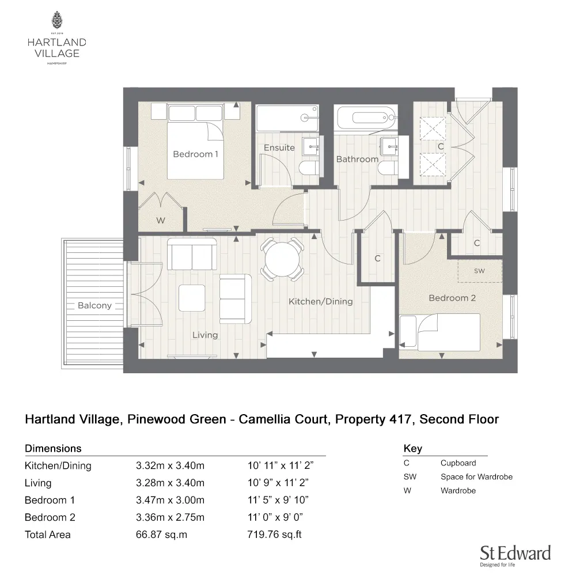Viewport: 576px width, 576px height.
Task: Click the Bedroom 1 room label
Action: coord(195,154)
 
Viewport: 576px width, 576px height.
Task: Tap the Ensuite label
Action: coord(279,147)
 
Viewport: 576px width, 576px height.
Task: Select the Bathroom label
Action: coord(357,159)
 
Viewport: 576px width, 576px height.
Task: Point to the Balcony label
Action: coord(94,305)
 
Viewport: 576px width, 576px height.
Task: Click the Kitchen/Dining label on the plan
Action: coord(320,301)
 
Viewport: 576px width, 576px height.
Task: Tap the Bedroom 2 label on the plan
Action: coord(452,298)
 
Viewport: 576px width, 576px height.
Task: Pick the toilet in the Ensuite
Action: coord(308,169)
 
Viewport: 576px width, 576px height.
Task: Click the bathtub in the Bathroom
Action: coord(366,118)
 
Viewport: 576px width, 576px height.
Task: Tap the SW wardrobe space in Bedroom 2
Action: coord(479,270)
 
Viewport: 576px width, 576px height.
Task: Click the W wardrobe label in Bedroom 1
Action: coord(160,221)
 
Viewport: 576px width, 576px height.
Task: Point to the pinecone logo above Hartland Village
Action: coord(57,21)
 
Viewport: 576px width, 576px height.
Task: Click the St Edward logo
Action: coord(515,554)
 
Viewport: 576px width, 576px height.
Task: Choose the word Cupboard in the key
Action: coord(458,463)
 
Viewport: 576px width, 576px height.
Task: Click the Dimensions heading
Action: coord(53,448)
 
